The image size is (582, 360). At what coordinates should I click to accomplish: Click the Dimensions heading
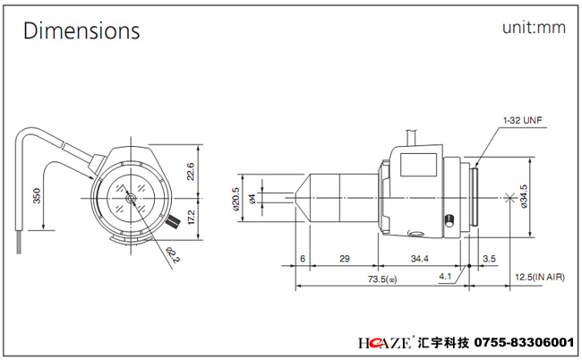[81, 31]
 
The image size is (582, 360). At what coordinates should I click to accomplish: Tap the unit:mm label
[534, 28]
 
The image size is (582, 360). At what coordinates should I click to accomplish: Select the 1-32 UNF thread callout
[523, 119]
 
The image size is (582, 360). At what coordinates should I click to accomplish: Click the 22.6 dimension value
[190, 170]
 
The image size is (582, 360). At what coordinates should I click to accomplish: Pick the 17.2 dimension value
[190, 216]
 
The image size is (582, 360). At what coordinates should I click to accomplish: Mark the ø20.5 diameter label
[235, 199]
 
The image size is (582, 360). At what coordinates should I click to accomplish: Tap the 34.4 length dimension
[420, 258]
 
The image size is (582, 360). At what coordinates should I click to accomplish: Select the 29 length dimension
[344, 258]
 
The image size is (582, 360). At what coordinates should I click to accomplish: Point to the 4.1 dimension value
[445, 277]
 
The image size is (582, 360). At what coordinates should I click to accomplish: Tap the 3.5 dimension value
[489, 258]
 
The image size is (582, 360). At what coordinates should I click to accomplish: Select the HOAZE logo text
[384, 343]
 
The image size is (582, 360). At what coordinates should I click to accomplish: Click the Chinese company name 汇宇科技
[443, 343]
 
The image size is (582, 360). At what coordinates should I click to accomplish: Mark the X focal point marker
[511, 196]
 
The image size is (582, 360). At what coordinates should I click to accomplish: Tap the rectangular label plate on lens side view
[417, 166]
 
